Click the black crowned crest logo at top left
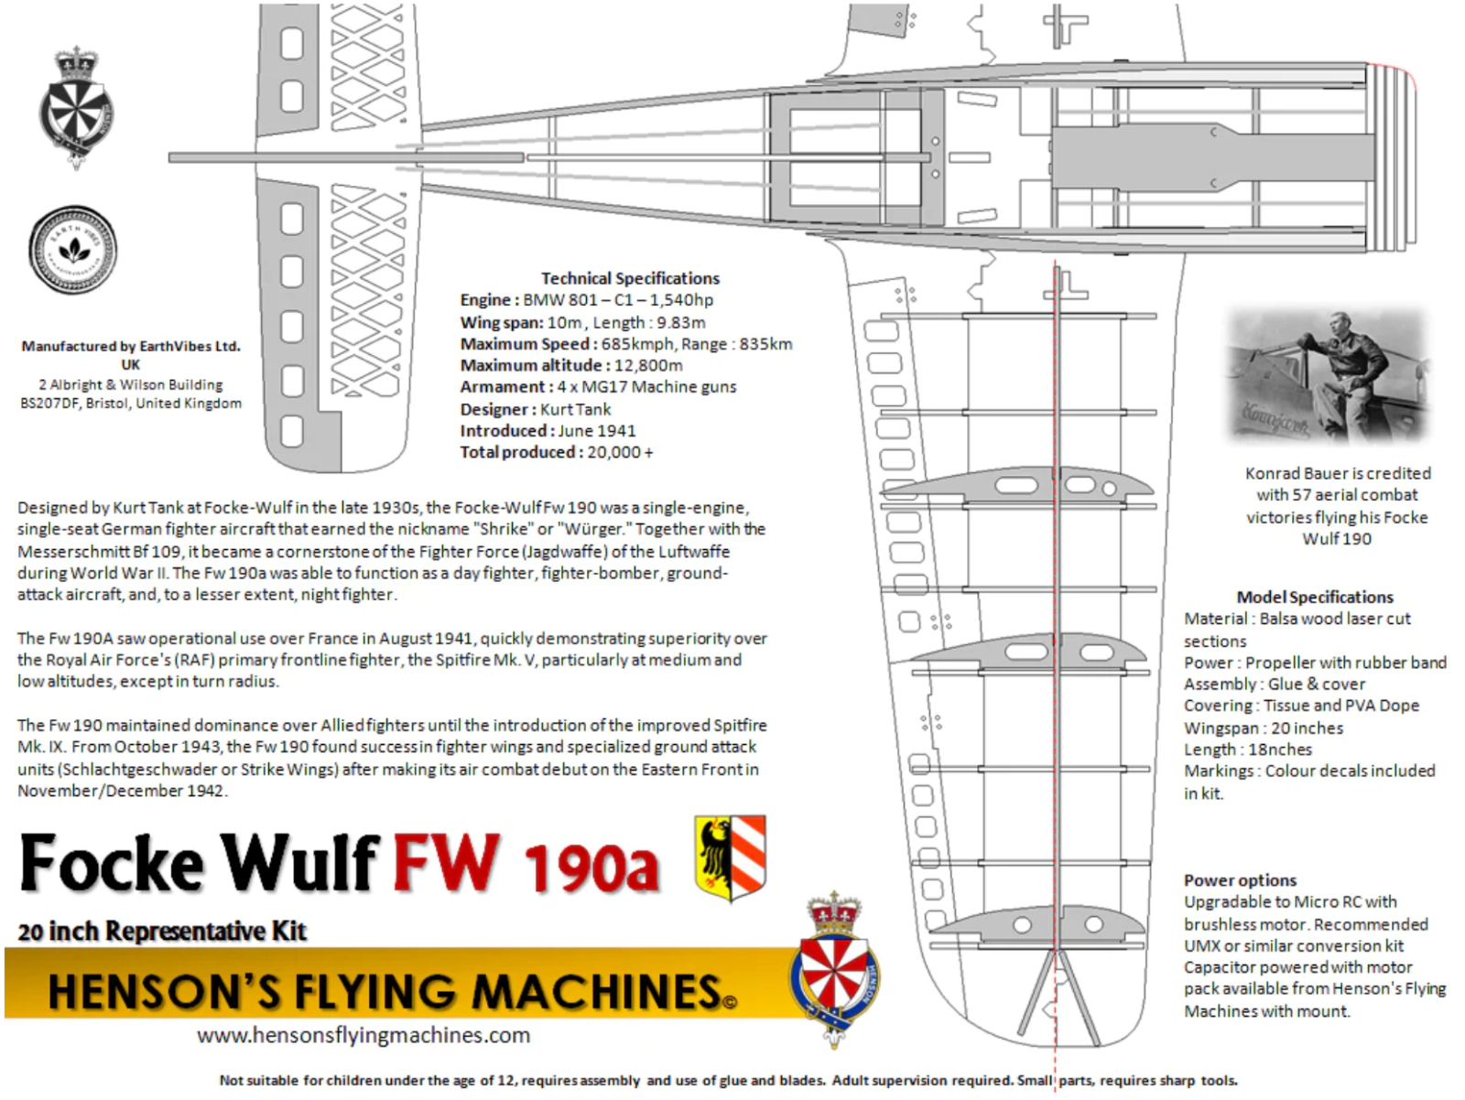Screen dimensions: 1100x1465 pyautogui.click(x=76, y=108)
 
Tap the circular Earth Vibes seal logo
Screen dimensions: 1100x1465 pyautogui.click(x=73, y=250)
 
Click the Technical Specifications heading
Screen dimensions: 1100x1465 pyautogui.click(x=630, y=278)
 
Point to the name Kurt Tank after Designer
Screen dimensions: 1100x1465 pyautogui.click(x=575, y=409)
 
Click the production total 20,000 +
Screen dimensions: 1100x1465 pyautogui.click(x=620, y=452)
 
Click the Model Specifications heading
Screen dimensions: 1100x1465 pyautogui.click(x=1315, y=597)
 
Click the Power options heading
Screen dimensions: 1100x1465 pyautogui.click(x=1240, y=880)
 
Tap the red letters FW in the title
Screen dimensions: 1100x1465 pyautogui.click(x=447, y=863)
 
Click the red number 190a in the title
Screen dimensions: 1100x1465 pyautogui.click(x=591, y=868)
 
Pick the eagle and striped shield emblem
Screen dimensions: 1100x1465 pyautogui.click(x=730, y=858)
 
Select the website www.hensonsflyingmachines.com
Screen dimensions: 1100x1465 pyautogui.click(x=364, y=1035)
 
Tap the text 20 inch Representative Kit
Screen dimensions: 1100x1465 pyautogui.click(x=162, y=932)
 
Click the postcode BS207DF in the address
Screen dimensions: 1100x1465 pyautogui.click(x=50, y=404)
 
